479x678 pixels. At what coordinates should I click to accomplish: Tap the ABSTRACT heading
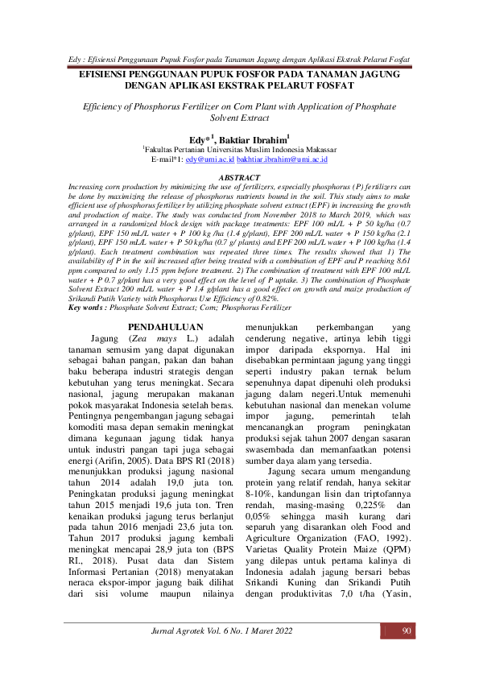tap(240, 177)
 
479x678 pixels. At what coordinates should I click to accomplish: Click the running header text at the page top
tap(239, 60)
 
